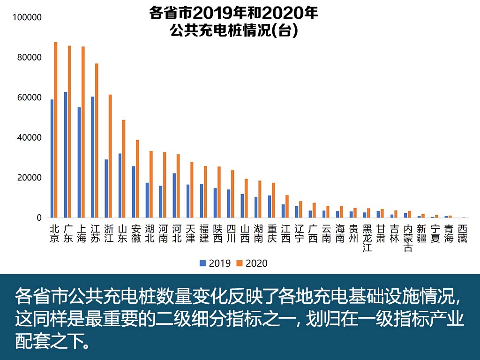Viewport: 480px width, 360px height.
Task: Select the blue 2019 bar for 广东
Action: tap(66, 155)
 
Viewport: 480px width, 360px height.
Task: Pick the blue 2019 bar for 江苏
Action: tap(93, 157)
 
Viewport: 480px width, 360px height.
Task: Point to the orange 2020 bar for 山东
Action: tap(124, 169)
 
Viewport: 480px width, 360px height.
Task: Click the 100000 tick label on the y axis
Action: tap(28, 18)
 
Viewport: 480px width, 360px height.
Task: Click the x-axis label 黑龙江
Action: tap(367, 238)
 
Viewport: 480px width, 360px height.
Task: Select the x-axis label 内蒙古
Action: tap(408, 238)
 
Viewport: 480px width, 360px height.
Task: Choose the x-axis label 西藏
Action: tap(463, 233)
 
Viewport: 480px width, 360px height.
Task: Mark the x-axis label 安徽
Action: tap(136, 233)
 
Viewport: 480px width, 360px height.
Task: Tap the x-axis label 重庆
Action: tap(272, 233)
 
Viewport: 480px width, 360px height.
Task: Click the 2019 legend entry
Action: tap(215, 263)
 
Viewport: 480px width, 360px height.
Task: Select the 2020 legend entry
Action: tap(252, 263)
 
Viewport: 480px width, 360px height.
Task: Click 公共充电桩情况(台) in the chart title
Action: tap(234, 31)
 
